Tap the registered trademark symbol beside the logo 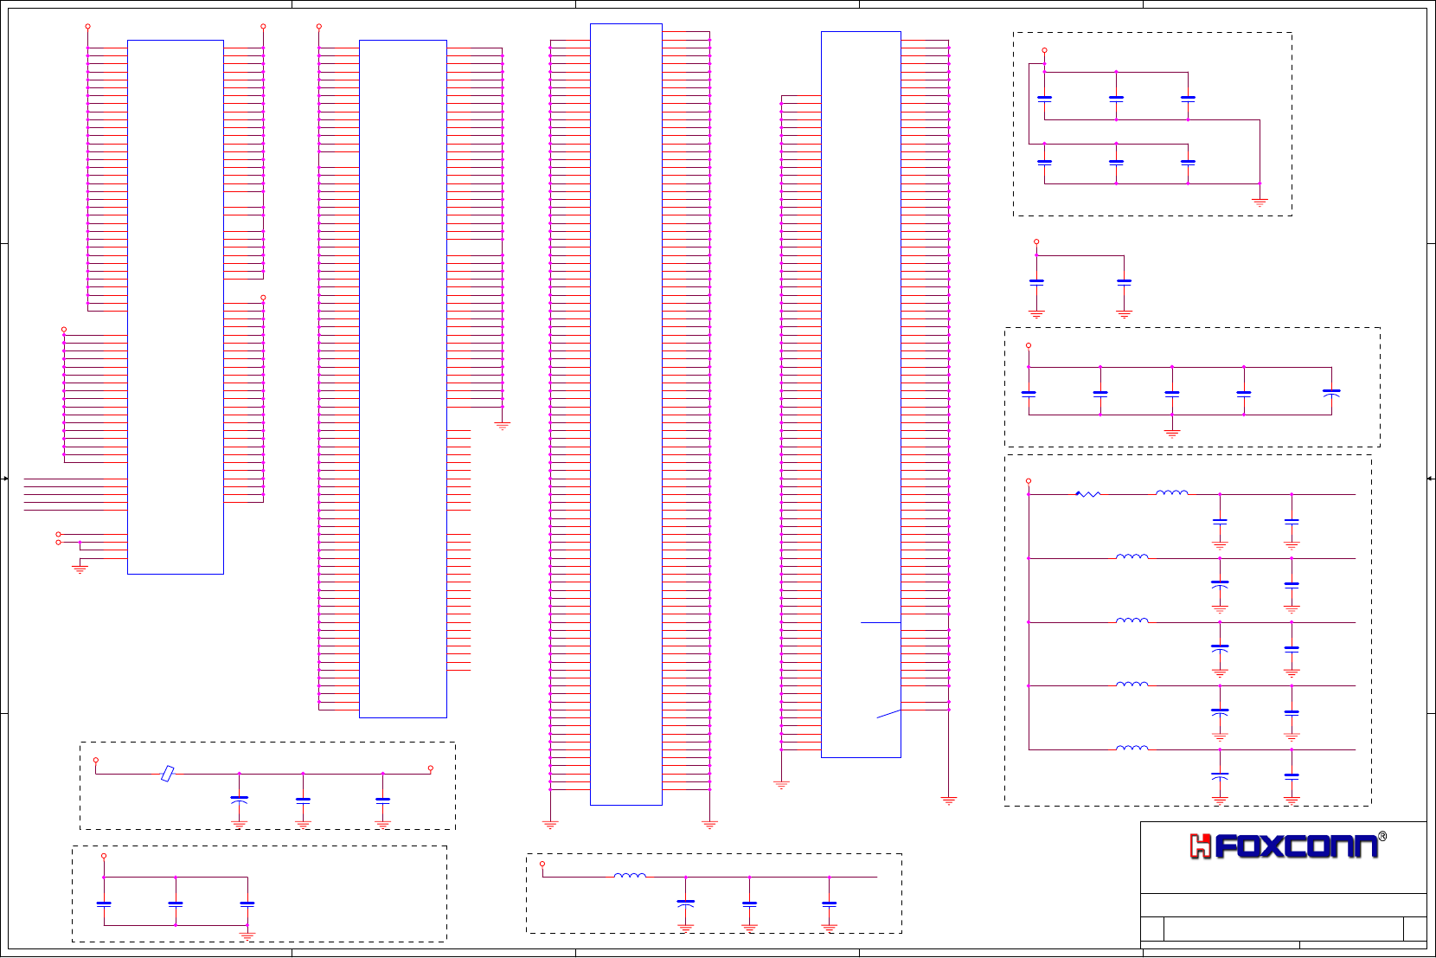pos(1382,836)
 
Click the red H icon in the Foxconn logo pos(1200,846)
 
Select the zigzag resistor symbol pos(1087,494)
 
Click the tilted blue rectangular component pos(168,773)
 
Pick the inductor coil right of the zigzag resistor pos(1171,493)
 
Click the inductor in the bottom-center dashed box pos(630,876)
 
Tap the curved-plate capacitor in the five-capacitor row pos(1331,392)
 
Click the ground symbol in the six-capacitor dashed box pos(1260,202)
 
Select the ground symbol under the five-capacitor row pos(1172,433)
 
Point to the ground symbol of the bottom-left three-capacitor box pos(247,935)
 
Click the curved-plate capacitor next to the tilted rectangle pos(240,800)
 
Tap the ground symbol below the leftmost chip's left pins pos(80,569)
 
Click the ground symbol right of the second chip pos(502,425)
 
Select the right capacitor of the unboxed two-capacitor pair pos(1124,282)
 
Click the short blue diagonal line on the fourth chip pos(888,714)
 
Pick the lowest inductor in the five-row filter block pos(1132,748)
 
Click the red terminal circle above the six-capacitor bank pos(1044,50)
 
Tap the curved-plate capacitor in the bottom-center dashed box pos(686,903)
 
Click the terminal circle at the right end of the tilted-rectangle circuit pos(430,768)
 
